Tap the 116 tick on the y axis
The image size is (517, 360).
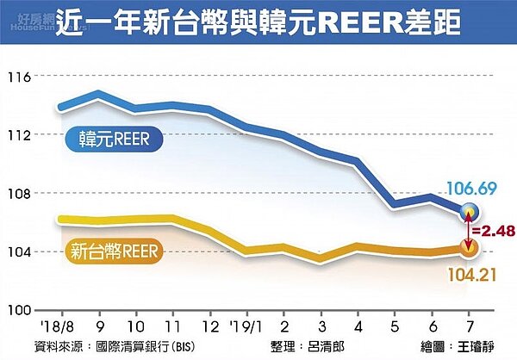[x=18, y=77]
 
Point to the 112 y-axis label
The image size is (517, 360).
[x=18, y=134]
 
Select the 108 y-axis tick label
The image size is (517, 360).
[x=18, y=193]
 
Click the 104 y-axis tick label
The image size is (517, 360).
[x=18, y=251]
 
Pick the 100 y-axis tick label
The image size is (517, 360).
[x=18, y=310]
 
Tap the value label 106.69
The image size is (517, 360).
[x=470, y=189]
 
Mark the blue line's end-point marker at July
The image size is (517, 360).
[x=469, y=212]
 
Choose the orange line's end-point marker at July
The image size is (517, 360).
[x=469, y=249]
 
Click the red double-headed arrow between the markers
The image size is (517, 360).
[x=469, y=231]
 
